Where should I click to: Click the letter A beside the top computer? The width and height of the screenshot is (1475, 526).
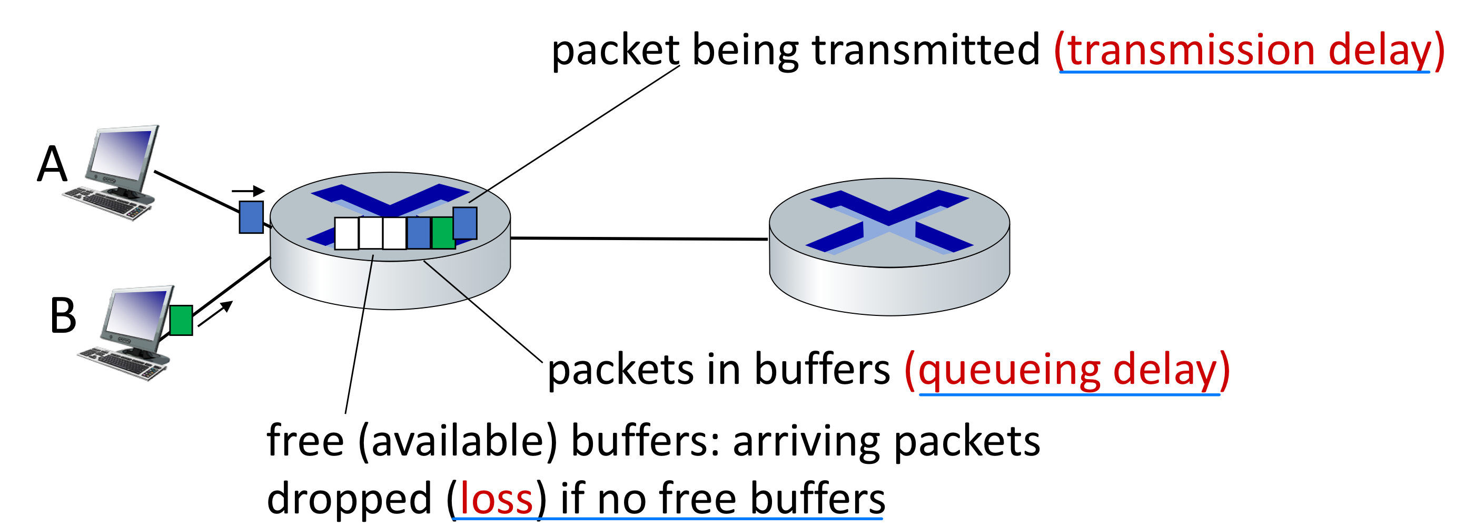[52, 164]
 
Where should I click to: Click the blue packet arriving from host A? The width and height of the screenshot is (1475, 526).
[251, 217]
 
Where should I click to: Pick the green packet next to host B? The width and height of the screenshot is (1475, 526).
[181, 320]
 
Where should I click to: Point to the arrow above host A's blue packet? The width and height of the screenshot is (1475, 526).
[248, 191]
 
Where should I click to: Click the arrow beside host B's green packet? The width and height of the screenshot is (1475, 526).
[215, 314]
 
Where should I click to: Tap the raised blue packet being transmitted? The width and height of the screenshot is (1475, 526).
[465, 223]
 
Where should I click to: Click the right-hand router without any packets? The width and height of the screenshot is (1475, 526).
[889, 246]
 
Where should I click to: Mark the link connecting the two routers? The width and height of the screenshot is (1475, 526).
[638, 238]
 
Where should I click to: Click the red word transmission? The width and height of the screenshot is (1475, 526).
[1191, 51]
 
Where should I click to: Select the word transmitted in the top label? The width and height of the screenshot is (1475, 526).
[925, 51]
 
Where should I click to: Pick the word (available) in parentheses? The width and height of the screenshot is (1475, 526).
[458, 442]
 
